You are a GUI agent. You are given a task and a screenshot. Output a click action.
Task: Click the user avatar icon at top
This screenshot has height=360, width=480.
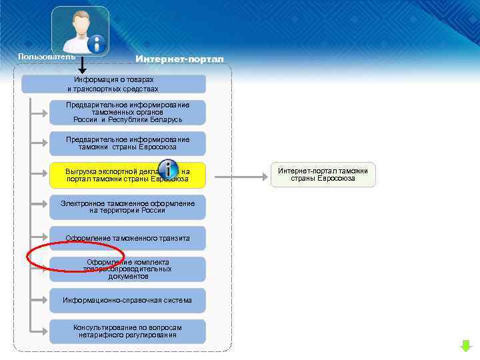pyautogui.click(x=80, y=31)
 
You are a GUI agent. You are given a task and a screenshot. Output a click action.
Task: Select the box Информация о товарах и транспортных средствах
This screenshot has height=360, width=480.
pyautogui.click(x=114, y=84)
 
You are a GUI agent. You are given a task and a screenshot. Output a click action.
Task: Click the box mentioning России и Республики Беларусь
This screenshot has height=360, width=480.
pyautogui.click(x=127, y=113)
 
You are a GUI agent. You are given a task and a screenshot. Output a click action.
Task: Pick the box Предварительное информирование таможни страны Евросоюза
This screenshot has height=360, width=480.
pyautogui.click(x=127, y=143)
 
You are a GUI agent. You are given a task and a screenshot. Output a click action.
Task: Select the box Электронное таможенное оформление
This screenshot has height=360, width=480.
pyautogui.click(x=127, y=207)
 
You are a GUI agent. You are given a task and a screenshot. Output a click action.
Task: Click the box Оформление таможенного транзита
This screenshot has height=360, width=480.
pyautogui.click(x=127, y=238)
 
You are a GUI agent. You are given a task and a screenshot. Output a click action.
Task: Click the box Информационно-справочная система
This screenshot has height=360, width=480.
pyautogui.click(x=127, y=301)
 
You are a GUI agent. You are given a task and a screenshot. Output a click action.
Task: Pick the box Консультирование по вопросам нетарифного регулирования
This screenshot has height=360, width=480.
pyautogui.click(x=127, y=331)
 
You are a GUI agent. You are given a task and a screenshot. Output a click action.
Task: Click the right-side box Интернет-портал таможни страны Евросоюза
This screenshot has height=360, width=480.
pyautogui.click(x=323, y=175)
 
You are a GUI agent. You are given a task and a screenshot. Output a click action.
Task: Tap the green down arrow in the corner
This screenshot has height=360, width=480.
pyautogui.click(x=465, y=346)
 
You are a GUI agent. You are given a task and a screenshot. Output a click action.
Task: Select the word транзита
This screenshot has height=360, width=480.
pyautogui.click(x=174, y=238)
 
